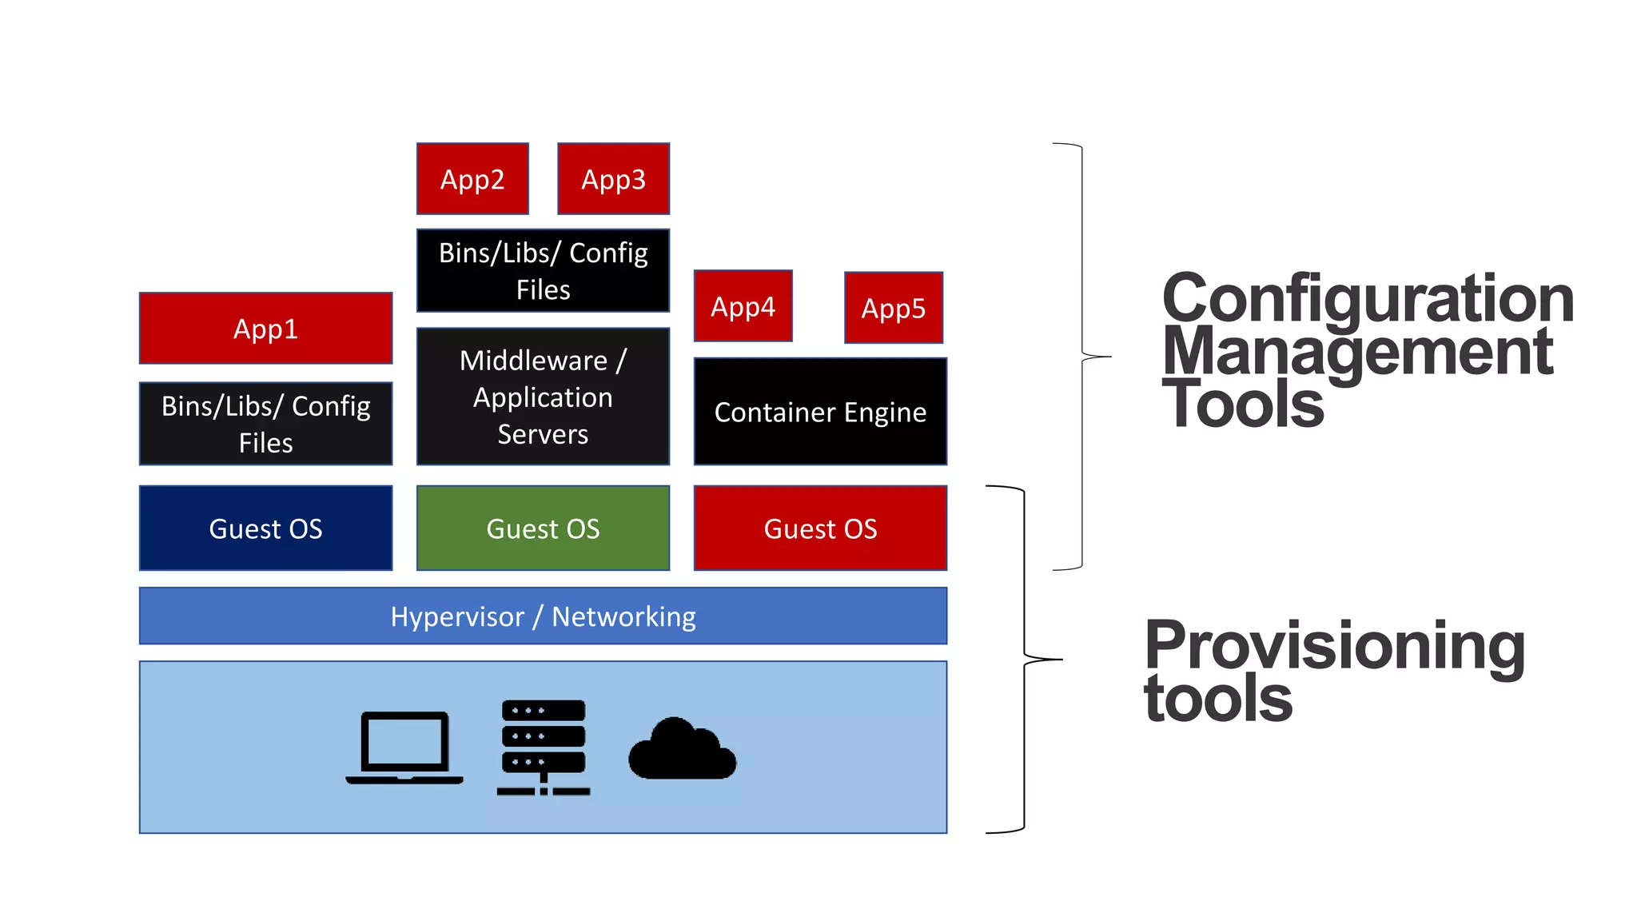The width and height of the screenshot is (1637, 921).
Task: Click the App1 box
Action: (265, 329)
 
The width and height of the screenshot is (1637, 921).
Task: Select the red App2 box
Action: (472, 179)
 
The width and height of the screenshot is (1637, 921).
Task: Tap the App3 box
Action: (613, 179)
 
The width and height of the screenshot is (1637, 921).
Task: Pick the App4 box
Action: (743, 306)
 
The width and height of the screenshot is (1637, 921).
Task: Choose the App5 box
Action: (893, 308)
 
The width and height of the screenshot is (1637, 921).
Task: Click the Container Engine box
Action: (820, 412)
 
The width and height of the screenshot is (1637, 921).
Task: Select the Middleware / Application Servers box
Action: (543, 397)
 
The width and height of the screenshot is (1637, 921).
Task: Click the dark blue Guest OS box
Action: (265, 528)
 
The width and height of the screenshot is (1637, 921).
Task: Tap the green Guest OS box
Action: (543, 528)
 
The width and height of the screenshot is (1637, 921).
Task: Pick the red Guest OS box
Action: (820, 528)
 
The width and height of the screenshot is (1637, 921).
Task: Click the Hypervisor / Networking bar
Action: (543, 616)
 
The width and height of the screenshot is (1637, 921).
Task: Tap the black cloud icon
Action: (682, 750)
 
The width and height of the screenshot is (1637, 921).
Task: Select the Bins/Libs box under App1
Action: (265, 424)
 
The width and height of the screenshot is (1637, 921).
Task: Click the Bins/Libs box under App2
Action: (543, 271)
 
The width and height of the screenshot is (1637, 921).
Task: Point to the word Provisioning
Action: (1334, 646)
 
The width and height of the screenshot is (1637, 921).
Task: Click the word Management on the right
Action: (1356, 353)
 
